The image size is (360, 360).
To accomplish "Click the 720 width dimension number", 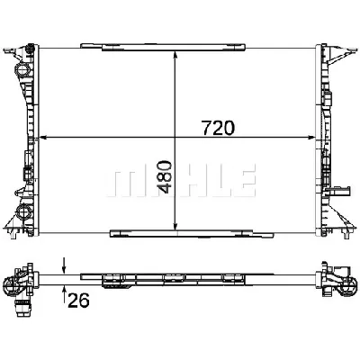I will click(219, 127).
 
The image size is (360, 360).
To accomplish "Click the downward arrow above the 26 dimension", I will click(64, 265).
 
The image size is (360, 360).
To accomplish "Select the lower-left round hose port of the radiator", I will click(22, 215).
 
